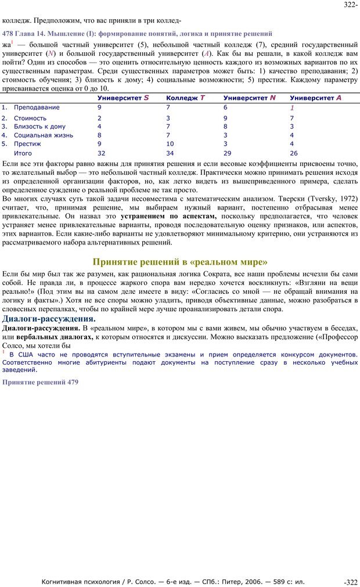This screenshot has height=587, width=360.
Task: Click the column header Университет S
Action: (123, 98)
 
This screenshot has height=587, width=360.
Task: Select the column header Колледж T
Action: (185, 98)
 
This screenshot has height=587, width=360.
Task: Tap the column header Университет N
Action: (249, 98)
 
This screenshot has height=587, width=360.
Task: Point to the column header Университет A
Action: (315, 98)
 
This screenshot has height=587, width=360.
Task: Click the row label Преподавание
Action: (37, 107)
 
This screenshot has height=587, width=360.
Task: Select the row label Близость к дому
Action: (39, 126)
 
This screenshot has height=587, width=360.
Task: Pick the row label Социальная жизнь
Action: (44, 135)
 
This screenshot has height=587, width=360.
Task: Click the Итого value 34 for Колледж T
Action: (170, 153)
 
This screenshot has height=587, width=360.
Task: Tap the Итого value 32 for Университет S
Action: (101, 153)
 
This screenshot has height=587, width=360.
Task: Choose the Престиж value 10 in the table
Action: (170, 144)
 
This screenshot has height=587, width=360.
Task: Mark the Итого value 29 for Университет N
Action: (227, 153)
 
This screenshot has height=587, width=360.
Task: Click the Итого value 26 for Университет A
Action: (294, 153)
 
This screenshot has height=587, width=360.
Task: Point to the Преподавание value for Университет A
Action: (292, 108)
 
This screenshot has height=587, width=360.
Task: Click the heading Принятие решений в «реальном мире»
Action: (180, 262)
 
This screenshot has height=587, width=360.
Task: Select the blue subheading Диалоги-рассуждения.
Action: (49, 319)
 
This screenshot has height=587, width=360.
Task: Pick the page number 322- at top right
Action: (350, 5)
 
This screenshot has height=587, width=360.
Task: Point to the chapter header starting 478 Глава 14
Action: (137, 34)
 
